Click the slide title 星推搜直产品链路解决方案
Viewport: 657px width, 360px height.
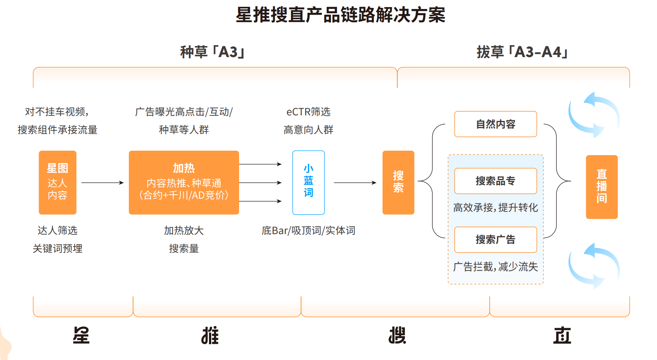tap(340, 15)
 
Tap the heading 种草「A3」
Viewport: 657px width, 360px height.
tap(212, 52)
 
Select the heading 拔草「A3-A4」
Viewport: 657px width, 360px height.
tap(522, 52)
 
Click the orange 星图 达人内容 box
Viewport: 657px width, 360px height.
tap(58, 183)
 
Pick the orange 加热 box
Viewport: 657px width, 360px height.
tap(184, 183)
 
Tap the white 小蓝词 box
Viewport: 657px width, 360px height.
tap(308, 183)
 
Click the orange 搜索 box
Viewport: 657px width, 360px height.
tap(398, 183)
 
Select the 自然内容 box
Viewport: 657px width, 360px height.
tap(495, 124)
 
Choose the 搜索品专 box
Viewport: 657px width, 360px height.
tap(495, 181)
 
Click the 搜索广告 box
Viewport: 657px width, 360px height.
tap(495, 239)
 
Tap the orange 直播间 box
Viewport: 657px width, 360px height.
tap(601, 187)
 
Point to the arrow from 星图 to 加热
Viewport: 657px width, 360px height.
tap(102, 183)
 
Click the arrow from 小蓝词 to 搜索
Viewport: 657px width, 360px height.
tap(354, 183)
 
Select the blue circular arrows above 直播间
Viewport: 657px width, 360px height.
tap(593, 115)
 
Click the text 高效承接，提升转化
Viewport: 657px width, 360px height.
tap(495, 207)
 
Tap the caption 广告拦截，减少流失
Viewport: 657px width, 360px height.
tap(495, 266)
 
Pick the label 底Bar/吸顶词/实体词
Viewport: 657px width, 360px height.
tap(308, 230)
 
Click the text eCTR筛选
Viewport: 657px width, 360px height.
tap(308, 112)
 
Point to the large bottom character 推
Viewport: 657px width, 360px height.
tap(210, 335)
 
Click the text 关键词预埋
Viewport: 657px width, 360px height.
tap(58, 248)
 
